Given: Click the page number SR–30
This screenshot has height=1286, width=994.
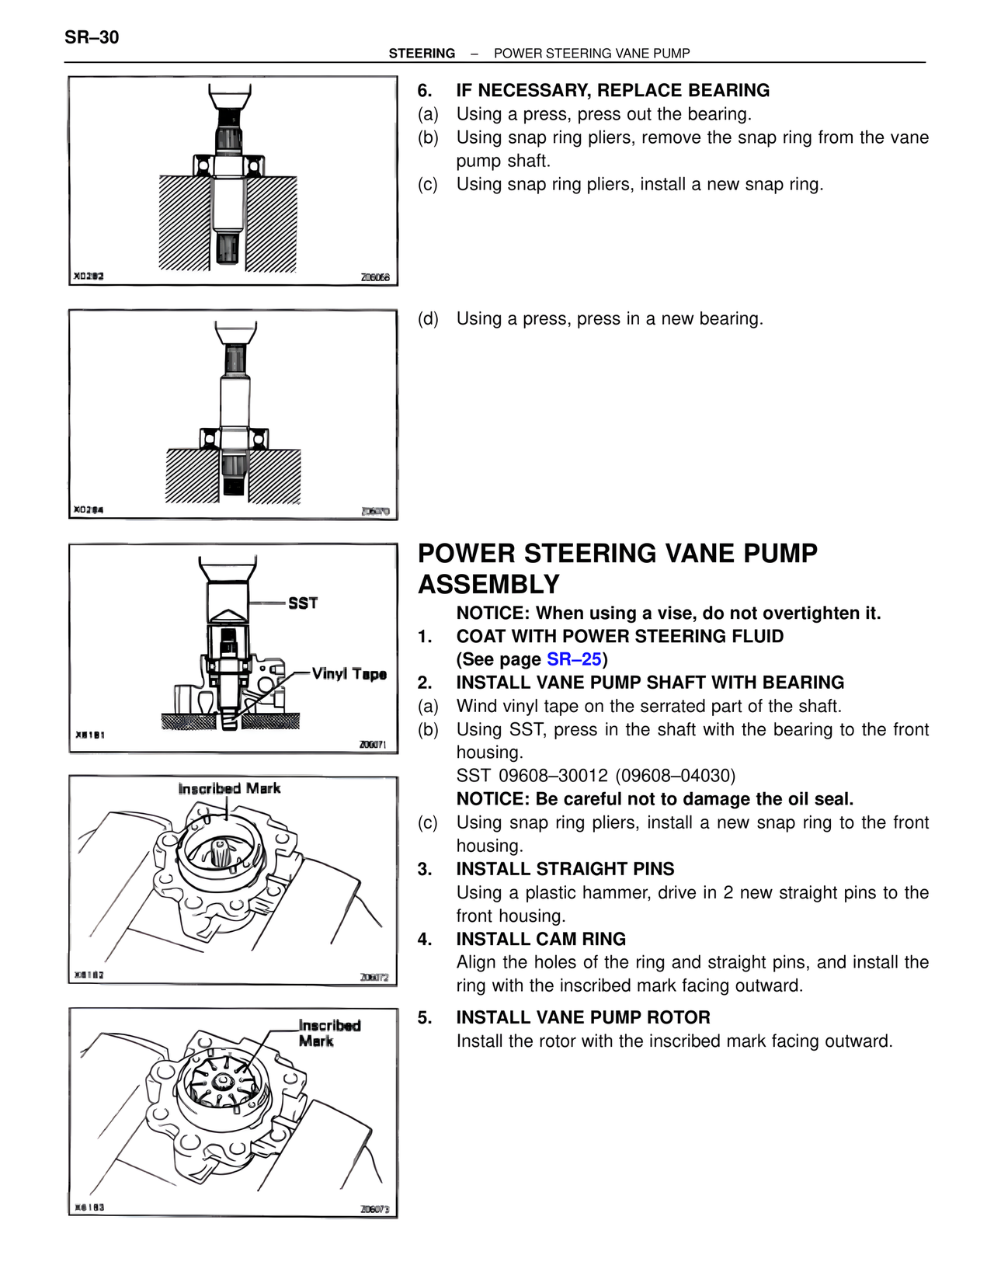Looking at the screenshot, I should pos(92,37).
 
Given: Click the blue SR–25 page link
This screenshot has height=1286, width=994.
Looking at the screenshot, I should pos(574,659).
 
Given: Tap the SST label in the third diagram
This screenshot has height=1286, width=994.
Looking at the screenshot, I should pos(303,603).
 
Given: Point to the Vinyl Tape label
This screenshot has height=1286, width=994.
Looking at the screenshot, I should pos(349,673).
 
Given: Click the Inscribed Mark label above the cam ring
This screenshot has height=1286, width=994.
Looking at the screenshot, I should pos(229,788).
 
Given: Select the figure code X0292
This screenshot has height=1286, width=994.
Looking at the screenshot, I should pos(89,276).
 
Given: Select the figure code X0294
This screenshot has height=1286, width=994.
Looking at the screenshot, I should pos(89,509).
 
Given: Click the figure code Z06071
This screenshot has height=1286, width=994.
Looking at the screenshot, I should pos(373,744).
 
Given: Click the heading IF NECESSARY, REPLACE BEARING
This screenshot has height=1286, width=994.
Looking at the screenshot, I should pos(613,90).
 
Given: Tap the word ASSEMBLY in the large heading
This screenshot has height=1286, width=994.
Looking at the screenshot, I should pos(489,584).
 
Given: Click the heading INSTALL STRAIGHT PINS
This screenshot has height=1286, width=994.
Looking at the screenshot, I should pos(565,869).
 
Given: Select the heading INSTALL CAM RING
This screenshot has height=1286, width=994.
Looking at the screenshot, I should pos(540,939).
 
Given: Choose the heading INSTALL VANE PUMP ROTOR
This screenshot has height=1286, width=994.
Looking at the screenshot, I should pos(582,1017).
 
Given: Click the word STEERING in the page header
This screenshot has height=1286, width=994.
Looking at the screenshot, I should pos(422,54).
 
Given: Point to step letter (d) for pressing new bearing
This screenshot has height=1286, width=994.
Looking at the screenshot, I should pos(428,319).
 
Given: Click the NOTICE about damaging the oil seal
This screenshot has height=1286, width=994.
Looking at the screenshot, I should pos(655,799).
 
